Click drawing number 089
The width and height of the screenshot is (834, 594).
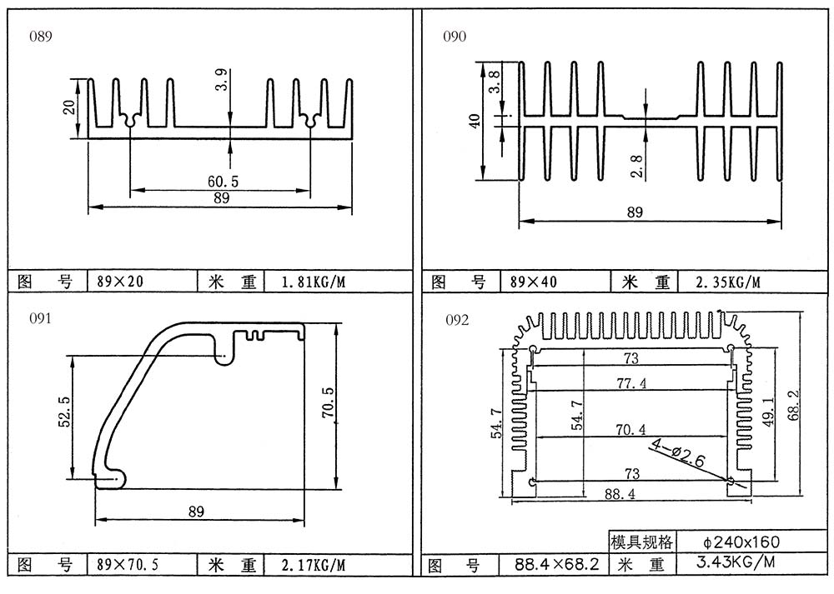click(40, 36)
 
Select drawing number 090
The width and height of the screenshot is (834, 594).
click(455, 36)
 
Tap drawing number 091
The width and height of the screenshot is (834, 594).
click(40, 318)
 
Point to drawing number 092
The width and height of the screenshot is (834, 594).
click(457, 320)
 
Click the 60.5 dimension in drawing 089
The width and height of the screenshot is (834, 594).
click(223, 182)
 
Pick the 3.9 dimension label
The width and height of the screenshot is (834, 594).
click(222, 80)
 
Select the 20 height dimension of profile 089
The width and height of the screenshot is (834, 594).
click(69, 107)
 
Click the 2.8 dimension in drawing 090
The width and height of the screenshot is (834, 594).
click(636, 166)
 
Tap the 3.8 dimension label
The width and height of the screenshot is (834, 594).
click(495, 82)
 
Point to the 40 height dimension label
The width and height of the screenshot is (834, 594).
click(475, 121)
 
